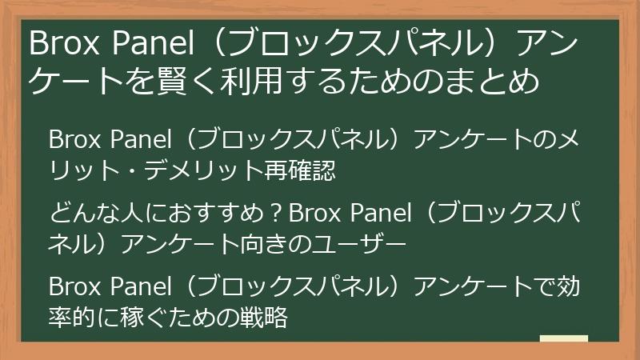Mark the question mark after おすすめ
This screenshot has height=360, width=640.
[276, 214]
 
